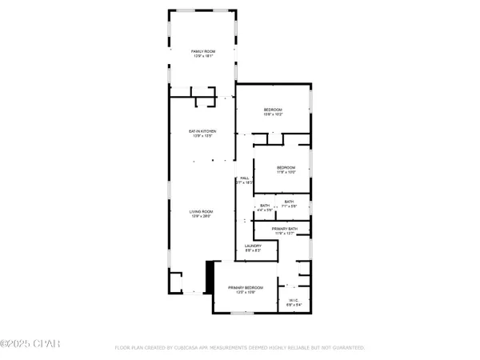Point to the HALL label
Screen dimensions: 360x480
point(244,178)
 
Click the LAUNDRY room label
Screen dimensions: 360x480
point(254,246)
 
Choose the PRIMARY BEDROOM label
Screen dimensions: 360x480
point(244,287)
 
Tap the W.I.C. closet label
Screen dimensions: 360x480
point(294,301)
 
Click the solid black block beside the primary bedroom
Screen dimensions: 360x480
point(210,279)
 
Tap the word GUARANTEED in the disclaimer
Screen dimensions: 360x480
point(349,348)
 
